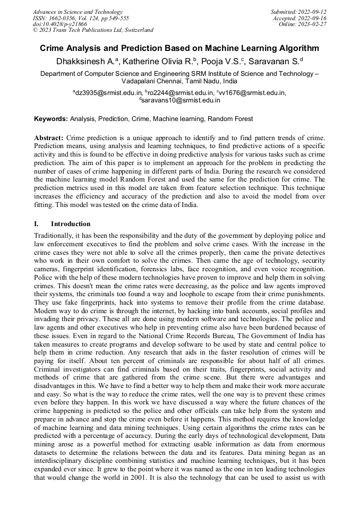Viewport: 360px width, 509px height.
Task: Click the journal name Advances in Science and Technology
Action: click(78, 12)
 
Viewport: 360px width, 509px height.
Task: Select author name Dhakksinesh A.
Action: click(84, 62)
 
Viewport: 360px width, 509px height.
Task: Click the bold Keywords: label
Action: click(51, 119)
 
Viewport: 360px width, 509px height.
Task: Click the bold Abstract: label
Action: click(49, 137)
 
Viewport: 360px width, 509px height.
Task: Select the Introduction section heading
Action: click(71, 223)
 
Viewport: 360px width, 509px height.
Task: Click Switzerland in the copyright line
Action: click(137, 30)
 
